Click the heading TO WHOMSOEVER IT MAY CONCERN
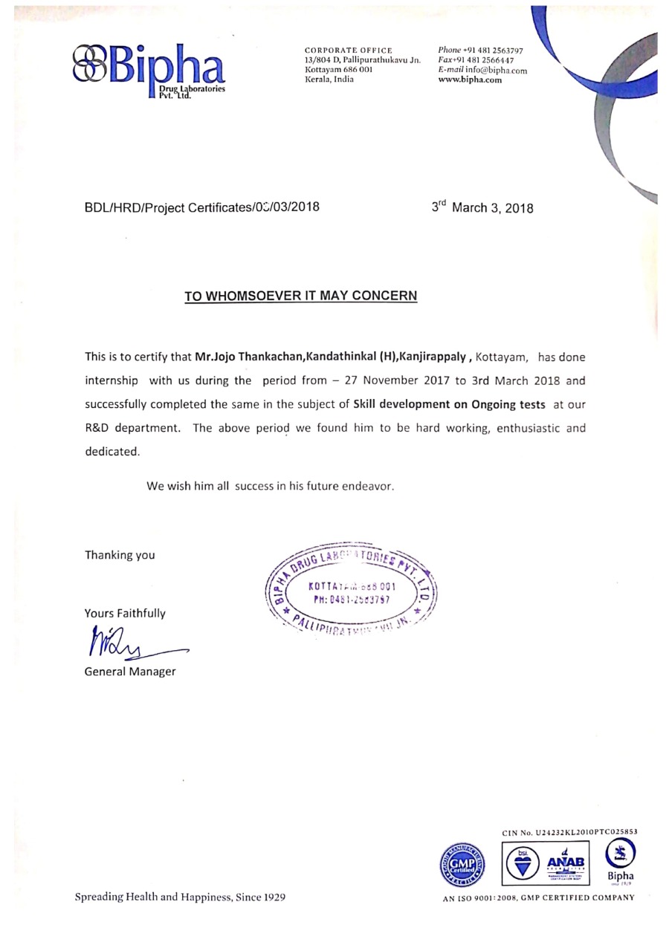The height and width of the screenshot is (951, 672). coord(301,296)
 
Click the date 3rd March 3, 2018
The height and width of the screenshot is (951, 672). coord(482,208)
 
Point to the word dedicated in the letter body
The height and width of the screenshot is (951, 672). coord(112,452)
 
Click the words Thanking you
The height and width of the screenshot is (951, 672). coord(120,555)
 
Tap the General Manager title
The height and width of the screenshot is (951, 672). coord(130,672)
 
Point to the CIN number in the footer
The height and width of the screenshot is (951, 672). coord(569,832)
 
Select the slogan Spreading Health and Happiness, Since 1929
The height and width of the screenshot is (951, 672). coord(180,897)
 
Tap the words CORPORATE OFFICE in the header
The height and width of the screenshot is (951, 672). coord(348,50)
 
